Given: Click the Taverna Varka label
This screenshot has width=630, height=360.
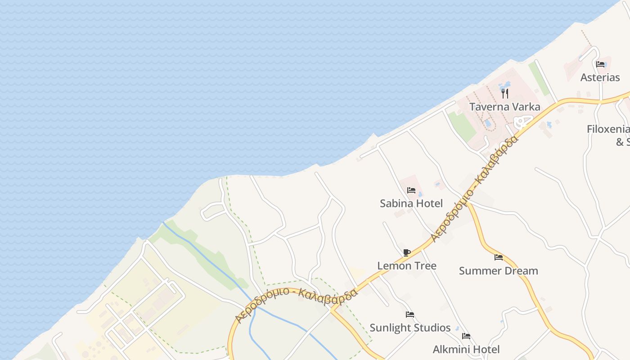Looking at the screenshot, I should point(504,107).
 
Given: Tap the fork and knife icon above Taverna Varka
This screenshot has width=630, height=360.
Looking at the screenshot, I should point(505,94).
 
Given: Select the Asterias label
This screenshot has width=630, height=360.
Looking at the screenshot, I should point(600,77).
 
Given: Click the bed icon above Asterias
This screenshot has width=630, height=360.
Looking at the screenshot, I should point(600,64).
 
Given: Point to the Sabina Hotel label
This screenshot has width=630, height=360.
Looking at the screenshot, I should point(411,203).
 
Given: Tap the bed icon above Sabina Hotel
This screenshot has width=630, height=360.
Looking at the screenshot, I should point(411,190).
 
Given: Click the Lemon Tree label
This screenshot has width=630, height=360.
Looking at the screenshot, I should point(407,266).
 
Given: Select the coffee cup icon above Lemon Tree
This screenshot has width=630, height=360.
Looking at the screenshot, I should point(407,253).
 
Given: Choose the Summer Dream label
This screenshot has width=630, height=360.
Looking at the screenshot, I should point(498,271).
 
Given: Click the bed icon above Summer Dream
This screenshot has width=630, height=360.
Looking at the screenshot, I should point(499,258).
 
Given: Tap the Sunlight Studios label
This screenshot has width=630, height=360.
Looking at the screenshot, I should point(410,328).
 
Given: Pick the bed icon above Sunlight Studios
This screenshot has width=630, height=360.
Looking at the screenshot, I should point(410,315).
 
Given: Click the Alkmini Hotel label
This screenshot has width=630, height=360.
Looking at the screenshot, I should point(466,350).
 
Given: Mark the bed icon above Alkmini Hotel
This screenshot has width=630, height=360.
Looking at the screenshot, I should point(466,336).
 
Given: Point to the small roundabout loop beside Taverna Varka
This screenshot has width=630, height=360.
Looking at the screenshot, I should point(522,121).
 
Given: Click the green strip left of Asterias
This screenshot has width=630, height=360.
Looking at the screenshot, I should point(539,79).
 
